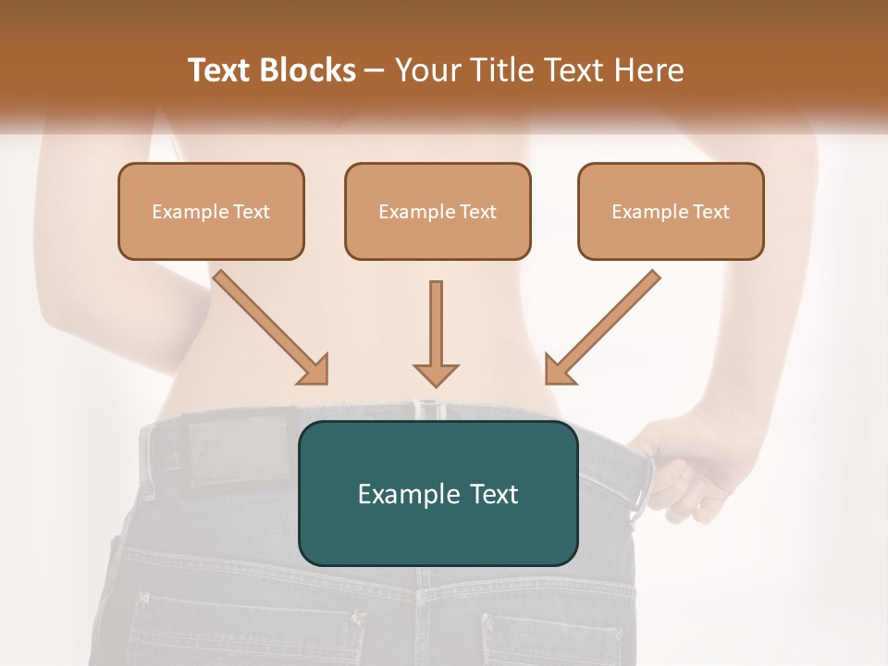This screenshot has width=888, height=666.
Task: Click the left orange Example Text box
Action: click(x=211, y=211)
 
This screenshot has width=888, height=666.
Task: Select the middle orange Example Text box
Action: click(x=438, y=211)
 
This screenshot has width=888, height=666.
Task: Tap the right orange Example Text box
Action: click(x=671, y=211)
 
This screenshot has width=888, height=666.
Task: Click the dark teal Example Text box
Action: click(x=438, y=493)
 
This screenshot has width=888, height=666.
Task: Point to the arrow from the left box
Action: click(x=270, y=327)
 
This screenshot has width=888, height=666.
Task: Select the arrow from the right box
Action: click(x=602, y=327)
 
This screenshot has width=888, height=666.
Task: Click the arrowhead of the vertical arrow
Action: click(x=436, y=374)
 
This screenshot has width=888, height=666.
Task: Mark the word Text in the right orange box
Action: click(x=710, y=211)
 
